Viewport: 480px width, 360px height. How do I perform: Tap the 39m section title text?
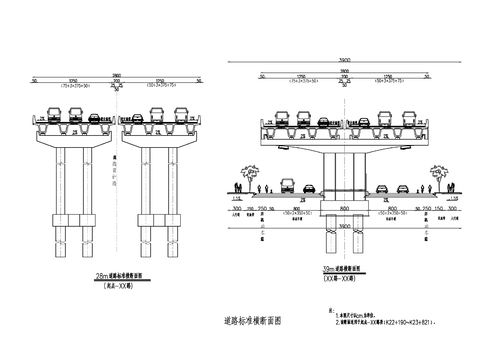(x=343, y=269)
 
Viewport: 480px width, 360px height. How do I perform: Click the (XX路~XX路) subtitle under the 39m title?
(x=343, y=277)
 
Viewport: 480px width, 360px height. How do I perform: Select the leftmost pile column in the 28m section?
(x=55, y=237)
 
